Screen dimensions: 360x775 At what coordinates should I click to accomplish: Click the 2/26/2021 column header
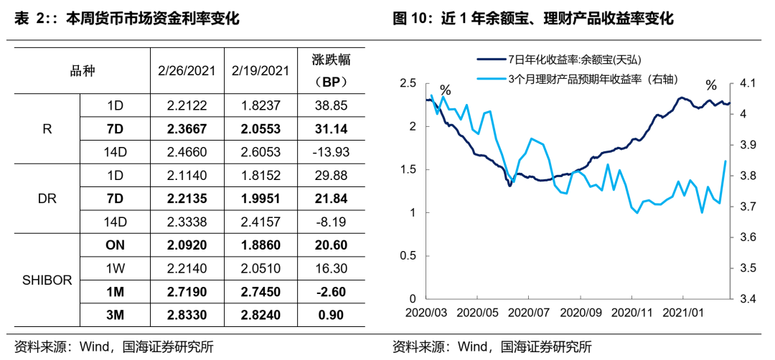[187, 70]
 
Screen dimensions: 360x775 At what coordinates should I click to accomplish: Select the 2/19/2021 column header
[261, 70]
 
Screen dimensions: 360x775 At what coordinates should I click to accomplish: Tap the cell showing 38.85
[332, 105]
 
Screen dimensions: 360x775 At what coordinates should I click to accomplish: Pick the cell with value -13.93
[332, 151]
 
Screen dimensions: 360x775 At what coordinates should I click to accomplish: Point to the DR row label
[46, 198]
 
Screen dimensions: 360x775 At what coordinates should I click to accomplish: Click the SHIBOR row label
[46, 280]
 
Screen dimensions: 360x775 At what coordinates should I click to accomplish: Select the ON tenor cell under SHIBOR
[115, 245]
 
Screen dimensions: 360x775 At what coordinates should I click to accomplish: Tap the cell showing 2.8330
[187, 315]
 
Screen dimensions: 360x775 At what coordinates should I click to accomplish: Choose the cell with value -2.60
[332, 292]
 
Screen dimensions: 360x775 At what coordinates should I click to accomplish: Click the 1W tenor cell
[115, 268]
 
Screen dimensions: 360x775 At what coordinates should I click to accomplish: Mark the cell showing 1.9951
[261, 198]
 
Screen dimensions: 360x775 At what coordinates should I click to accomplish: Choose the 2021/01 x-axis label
[682, 313]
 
